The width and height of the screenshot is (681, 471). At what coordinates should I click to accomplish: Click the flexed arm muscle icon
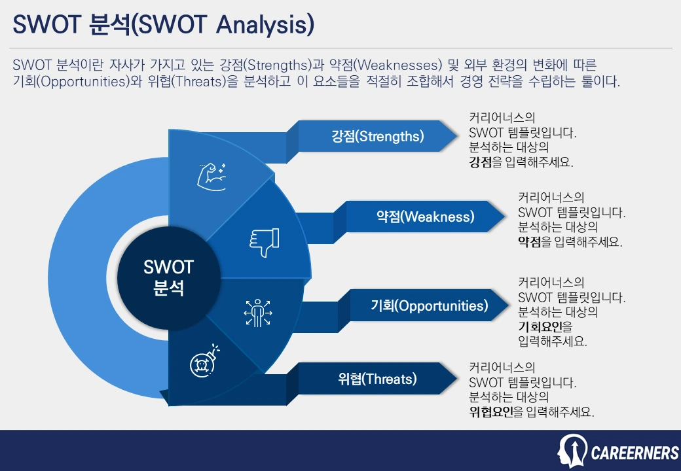pos(212,177)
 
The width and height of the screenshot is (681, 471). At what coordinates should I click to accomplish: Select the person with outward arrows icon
pos(258,313)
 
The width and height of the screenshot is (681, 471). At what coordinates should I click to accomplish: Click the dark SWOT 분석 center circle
pos(169,278)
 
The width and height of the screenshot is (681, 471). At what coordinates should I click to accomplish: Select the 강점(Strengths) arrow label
pos(378,136)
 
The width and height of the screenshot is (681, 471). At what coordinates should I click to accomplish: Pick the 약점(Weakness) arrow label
pos(425,217)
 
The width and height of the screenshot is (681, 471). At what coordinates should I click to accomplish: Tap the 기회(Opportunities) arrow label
pos(429,305)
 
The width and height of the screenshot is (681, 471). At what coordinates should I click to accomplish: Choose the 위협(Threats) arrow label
pos(378,379)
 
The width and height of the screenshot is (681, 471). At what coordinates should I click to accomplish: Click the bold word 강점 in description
pos(481,162)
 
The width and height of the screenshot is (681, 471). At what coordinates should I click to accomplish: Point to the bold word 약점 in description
pos(530,241)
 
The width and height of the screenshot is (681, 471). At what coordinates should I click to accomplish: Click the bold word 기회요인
pos(540,326)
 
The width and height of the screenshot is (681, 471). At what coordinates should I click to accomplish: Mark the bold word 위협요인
pos(491,411)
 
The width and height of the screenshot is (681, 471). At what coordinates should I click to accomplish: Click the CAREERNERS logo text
pos(635,453)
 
